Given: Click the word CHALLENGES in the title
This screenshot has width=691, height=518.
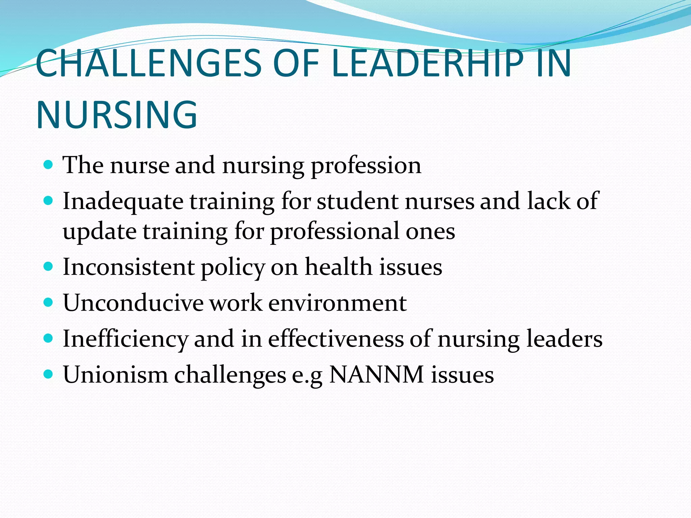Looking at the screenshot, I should pos(148,63).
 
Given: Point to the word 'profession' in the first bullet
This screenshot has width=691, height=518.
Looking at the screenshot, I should pos(366,166).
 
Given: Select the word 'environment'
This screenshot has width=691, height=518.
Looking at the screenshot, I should pos(337,303).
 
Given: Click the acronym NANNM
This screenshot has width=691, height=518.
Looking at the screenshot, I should pos(376,374).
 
